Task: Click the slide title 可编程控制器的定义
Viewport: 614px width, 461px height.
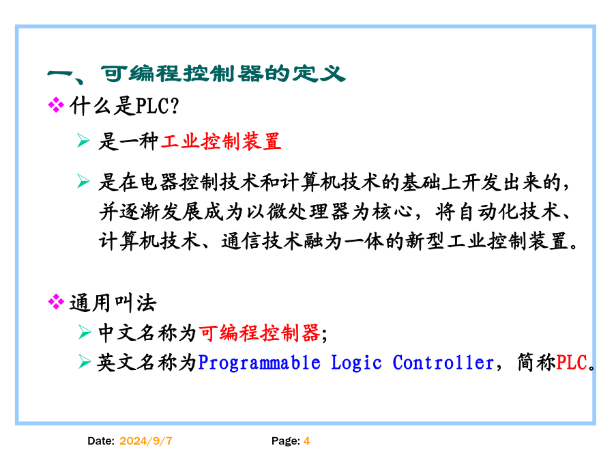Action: tap(223, 73)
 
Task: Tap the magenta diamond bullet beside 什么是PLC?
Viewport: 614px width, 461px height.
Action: tap(56, 105)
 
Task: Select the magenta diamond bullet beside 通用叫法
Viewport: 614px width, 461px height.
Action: tap(56, 302)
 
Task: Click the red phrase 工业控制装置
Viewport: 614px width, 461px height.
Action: tap(221, 141)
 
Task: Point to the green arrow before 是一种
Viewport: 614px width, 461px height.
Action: tap(83, 140)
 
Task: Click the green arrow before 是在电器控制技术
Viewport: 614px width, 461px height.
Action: tap(83, 181)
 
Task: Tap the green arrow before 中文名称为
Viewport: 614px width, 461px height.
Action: tap(84, 332)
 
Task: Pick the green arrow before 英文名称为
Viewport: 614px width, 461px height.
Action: tap(84, 361)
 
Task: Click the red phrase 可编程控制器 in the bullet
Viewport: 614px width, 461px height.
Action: tap(260, 333)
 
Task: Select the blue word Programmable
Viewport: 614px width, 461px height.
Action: tap(259, 363)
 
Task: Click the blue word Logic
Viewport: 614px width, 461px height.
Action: tap(356, 363)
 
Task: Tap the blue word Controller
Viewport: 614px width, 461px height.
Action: tap(443, 363)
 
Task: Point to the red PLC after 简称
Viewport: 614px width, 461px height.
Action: tap(572, 363)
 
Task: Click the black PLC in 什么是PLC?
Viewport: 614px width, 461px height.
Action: tap(153, 107)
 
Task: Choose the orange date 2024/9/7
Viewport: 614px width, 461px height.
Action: tap(146, 441)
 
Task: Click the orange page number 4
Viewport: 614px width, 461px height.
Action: tap(306, 441)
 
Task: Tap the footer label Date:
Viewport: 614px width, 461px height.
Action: tap(101, 441)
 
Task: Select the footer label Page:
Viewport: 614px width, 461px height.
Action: tap(286, 441)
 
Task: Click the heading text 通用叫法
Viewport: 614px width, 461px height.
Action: tap(113, 303)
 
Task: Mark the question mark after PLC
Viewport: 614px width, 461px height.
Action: tap(175, 107)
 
